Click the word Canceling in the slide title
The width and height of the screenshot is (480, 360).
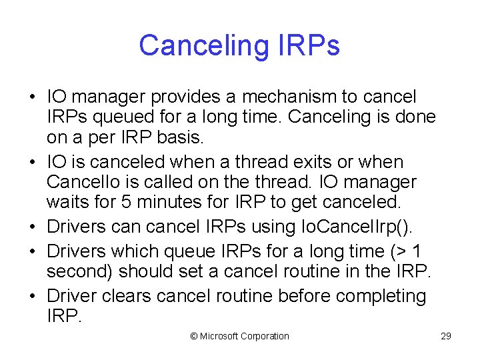tap(201, 45)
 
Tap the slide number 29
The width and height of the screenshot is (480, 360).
tap(446, 336)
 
